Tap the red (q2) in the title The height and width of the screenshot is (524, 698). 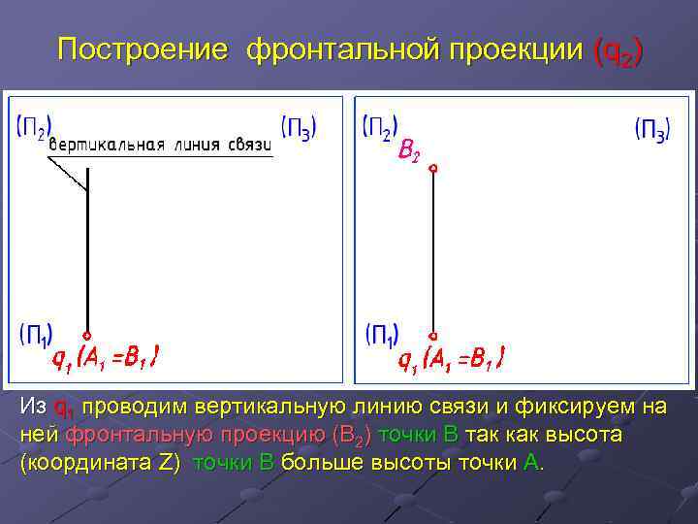pyautogui.click(x=617, y=50)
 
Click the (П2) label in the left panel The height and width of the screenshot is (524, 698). pyautogui.click(x=35, y=127)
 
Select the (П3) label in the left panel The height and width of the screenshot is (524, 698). pyautogui.click(x=298, y=127)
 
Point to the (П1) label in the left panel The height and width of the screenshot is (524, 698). pyautogui.click(x=36, y=335)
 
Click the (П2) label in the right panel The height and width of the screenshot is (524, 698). pyautogui.click(x=379, y=127)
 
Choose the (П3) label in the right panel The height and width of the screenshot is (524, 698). pyautogui.click(x=651, y=128)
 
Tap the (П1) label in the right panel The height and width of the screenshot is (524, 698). pyautogui.click(x=381, y=336)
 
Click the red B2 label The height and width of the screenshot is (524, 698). pyautogui.click(x=409, y=151)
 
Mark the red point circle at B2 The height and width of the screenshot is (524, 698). pyautogui.click(x=433, y=169)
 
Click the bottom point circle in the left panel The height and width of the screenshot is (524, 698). pyautogui.click(x=87, y=335)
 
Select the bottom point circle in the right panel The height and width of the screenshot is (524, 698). pyautogui.click(x=433, y=335)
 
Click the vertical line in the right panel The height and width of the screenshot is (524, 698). pyautogui.click(x=433, y=252)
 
